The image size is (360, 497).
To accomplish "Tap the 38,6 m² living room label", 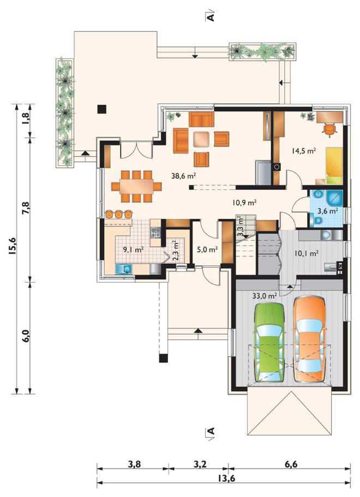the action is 183,176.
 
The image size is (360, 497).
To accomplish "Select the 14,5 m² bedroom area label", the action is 304,151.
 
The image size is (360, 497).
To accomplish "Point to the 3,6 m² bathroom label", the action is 328,211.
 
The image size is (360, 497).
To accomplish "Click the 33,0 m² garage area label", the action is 265,296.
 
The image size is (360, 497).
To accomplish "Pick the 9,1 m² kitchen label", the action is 134,250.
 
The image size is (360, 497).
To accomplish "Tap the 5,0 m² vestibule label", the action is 207,249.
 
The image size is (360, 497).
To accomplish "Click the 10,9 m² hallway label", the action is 244,202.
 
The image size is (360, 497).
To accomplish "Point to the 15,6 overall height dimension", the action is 13,246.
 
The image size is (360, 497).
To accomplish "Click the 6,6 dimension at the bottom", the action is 291,464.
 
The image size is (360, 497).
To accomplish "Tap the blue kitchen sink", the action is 124,270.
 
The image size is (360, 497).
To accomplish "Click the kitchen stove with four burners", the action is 155,232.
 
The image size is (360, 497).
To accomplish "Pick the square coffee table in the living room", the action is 202,139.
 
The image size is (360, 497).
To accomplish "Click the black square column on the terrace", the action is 101,109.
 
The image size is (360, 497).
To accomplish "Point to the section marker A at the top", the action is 211,16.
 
